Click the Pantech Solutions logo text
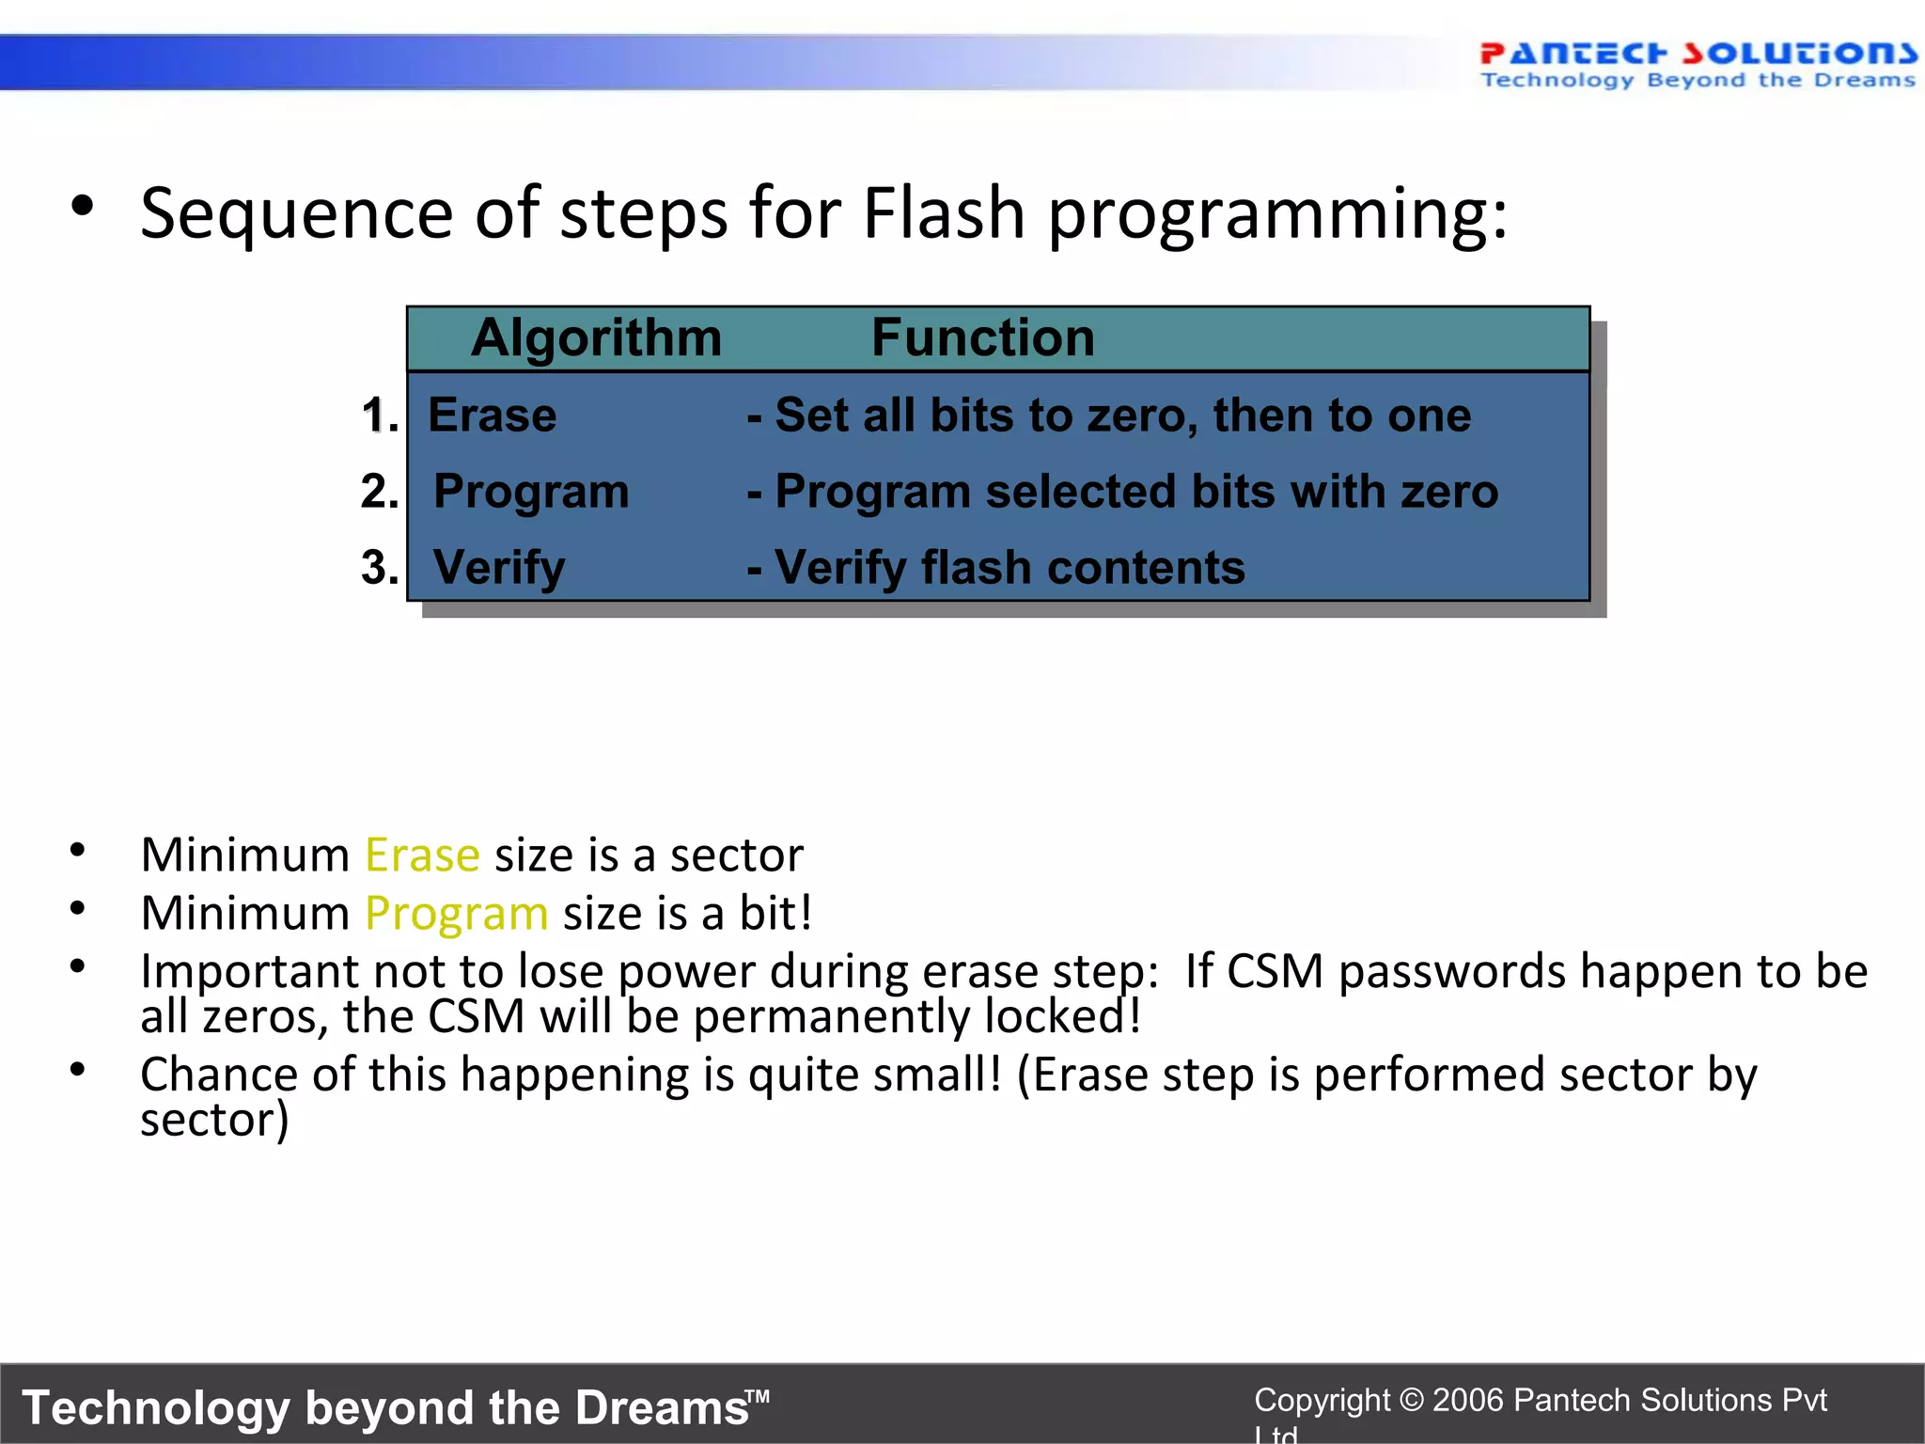coord(1698,53)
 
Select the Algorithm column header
coord(596,337)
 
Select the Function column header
coord(982,337)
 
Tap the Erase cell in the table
coord(492,416)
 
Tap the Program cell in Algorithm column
coord(531,492)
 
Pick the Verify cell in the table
coord(499,568)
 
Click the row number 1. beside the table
coord(380,416)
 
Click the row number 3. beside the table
coord(380,568)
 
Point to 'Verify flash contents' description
coord(1009,568)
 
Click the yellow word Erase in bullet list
coord(422,855)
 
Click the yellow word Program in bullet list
coord(456,914)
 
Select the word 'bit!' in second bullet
coord(775,914)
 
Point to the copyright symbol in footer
coord(1411,1400)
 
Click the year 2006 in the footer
coord(1467,1400)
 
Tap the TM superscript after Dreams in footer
coord(758,1396)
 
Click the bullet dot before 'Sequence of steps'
coord(82,207)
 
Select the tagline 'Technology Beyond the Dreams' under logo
coord(1698,81)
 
